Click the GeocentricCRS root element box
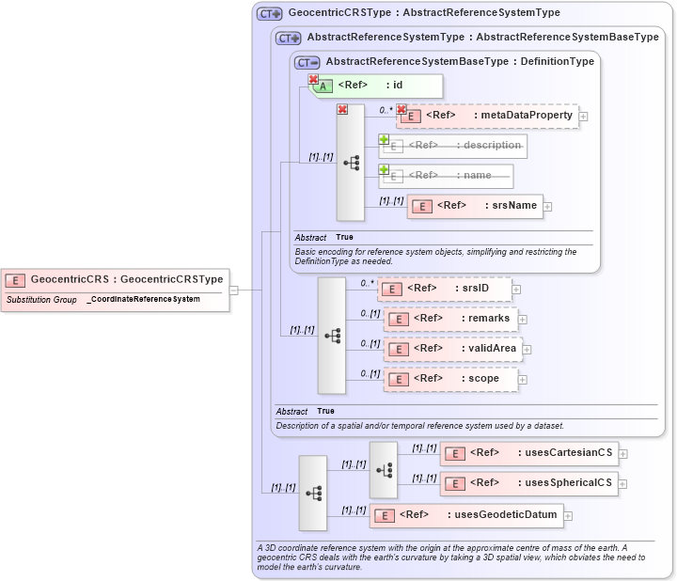click(x=116, y=279)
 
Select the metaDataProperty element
click(x=488, y=116)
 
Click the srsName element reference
click(x=475, y=206)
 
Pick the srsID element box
click(x=445, y=289)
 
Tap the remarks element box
click(x=450, y=319)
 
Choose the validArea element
click(x=452, y=349)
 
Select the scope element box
click(x=450, y=379)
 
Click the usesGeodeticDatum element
click(x=465, y=515)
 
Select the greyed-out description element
click(x=453, y=146)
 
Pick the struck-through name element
click(x=447, y=176)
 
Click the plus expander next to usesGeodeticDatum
click(x=568, y=515)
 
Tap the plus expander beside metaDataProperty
click(x=584, y=117)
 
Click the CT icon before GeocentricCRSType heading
click(x=270, y=13)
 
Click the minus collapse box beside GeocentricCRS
click(x=234, y=290)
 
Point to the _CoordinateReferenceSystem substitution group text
click(x=144, y=299)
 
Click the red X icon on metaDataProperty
click(x=401, y=109)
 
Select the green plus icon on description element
click(x=384, y=139)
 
